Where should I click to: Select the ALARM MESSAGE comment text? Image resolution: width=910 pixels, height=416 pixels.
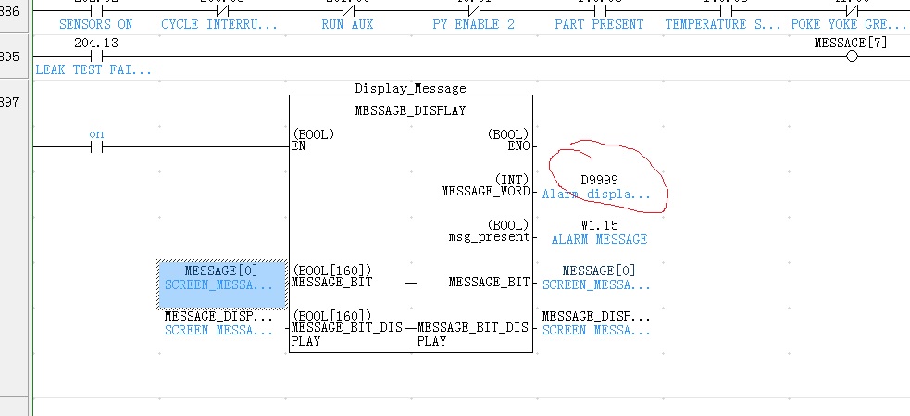point(599,239)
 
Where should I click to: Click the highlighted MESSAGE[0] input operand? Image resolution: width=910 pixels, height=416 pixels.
point(221,271)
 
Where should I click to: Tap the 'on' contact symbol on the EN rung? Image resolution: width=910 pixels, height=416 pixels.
point(96,146)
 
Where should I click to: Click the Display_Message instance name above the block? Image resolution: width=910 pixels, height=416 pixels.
point(410,89)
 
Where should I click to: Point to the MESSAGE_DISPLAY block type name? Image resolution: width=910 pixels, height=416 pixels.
point(410,111)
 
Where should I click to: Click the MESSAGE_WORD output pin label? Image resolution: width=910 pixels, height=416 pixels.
point(485,192)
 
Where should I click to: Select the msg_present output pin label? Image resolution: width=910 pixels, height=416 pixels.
point(490,236)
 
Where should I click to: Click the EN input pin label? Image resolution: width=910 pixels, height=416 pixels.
point(298,146)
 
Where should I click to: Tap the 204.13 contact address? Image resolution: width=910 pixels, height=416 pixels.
point(95,44)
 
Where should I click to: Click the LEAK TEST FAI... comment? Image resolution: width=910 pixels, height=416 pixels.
point(93,69)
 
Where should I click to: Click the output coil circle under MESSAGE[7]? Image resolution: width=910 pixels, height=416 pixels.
point(852,57)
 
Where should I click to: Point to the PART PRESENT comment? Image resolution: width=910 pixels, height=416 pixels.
point(599,24)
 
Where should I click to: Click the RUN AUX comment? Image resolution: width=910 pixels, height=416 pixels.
point(347,24)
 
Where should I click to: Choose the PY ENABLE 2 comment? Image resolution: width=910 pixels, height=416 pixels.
point(473,24)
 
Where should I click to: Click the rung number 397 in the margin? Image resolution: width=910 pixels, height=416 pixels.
point(9,100)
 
